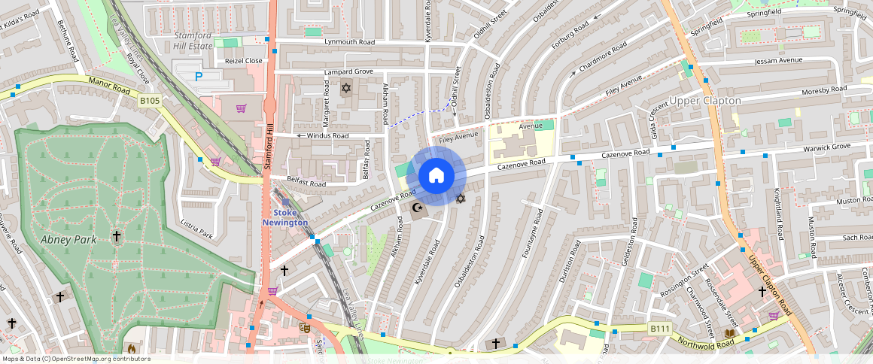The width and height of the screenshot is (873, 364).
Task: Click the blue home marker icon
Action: [436, 176]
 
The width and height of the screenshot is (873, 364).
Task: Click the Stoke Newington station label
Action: [285, 217]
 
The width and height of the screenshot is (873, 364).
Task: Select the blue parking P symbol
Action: [199, 76]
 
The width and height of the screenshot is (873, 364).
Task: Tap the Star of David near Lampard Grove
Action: [346, 89]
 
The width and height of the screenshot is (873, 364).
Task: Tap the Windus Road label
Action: [327, 136]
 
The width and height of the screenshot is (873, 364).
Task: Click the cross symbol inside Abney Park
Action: [117, 236]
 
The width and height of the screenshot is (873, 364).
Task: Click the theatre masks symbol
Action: [305, 327]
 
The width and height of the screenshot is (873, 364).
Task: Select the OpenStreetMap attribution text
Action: [76, 359]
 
